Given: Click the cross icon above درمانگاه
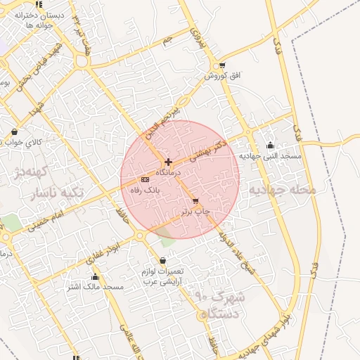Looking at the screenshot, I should point(168,162).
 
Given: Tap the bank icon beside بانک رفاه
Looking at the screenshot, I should point(145,179).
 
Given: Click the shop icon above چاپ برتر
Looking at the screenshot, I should point(195,201).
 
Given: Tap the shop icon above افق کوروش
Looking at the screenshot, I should point(222,65).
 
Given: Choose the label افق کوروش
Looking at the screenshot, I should point(223,75).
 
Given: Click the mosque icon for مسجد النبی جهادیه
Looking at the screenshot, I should point(271,146).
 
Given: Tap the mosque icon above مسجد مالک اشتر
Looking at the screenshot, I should point(96,277).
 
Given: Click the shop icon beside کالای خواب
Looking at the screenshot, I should point(14,131).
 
